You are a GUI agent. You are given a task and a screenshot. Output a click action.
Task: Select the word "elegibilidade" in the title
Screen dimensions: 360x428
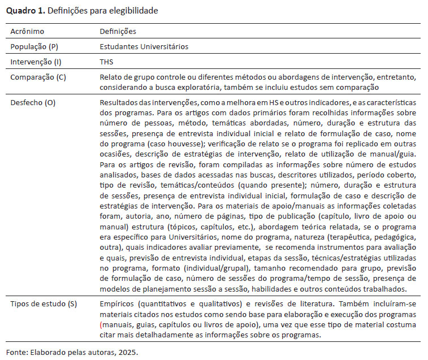[136, 10]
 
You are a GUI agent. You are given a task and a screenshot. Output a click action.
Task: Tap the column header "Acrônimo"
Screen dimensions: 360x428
[27, 32]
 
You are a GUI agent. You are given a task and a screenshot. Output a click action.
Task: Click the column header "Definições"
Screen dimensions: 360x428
[118, 32]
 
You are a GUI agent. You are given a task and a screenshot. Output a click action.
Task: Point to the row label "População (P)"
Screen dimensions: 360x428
[34, 46]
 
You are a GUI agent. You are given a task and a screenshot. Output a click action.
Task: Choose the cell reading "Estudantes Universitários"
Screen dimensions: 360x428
[144, 46]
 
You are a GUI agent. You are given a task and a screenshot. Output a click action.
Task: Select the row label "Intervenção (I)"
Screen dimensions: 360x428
[34, 61]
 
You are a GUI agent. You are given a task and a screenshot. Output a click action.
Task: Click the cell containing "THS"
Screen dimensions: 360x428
[106, 61]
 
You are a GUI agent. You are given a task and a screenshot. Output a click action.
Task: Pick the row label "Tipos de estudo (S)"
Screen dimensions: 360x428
[43, 304]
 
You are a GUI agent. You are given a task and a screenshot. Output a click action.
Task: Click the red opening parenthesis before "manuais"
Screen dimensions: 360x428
[101, 324]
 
